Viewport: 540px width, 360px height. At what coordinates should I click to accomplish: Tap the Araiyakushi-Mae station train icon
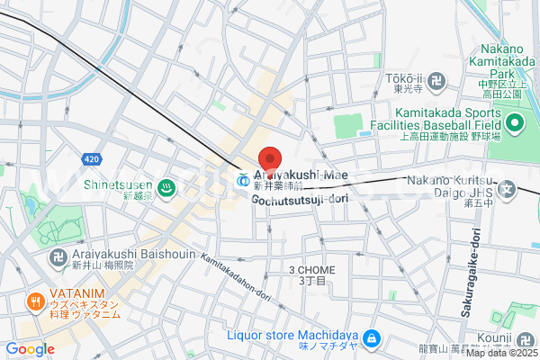pyautogui.click(x=242, y=179)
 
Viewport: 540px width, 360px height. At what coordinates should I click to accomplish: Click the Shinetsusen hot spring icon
pyautogui.click(x=166, y=187)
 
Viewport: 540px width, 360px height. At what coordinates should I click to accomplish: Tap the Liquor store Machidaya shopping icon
pyautogui.click(x=373, y=339)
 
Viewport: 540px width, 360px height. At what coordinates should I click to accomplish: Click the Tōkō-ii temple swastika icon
pyautogui.click(x=437, y=80)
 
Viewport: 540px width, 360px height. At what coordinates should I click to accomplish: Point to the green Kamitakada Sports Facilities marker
pyautogui.click(x=515, y=123)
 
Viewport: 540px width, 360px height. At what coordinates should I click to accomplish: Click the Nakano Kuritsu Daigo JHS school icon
pyautogui.click(x=508, y=190)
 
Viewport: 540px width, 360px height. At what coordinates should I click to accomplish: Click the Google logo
pyautogui.click(x=30, y=348)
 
